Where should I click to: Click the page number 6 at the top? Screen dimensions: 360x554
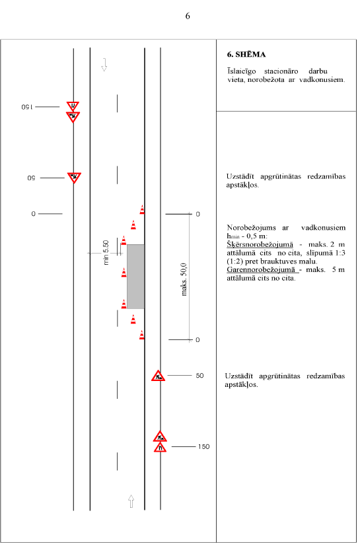188,16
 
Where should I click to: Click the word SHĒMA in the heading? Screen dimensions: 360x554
250,54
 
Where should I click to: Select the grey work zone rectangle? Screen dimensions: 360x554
135,277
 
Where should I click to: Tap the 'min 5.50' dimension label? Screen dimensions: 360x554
106,252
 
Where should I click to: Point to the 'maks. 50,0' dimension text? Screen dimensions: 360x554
184,279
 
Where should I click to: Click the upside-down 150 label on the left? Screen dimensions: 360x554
27,107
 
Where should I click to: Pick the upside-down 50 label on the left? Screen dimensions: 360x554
32,178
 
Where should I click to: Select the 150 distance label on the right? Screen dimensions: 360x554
203,446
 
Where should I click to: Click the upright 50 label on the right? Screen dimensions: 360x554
199,376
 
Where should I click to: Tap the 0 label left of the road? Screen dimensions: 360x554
33,214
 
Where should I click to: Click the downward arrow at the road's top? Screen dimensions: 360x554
104,65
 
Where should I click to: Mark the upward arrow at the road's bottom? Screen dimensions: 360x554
131,501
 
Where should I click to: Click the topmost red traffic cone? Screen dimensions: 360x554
142,209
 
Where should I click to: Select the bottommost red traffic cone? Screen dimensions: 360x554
142,335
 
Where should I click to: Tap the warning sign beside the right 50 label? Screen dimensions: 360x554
159,376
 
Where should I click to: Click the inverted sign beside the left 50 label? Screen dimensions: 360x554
74,178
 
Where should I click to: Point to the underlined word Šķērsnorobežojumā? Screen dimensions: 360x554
260,244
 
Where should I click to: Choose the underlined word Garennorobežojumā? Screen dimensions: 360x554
261,269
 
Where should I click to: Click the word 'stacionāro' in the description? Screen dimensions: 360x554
281,71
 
